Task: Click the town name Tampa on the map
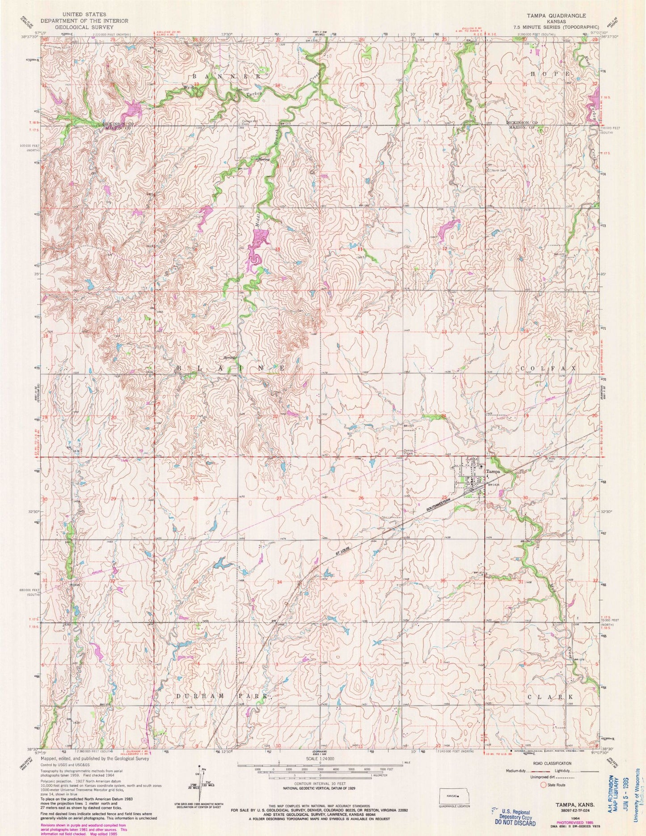(492, 471)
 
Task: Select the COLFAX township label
(549, 367)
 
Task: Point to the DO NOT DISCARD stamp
(512, 823)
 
